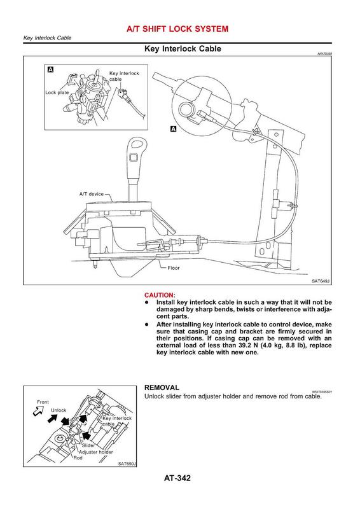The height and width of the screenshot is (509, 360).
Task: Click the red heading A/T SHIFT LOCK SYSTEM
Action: coord(177,29)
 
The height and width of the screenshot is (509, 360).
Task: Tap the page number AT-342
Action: coord(177,478)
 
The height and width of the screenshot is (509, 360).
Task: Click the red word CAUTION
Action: coord(159,295)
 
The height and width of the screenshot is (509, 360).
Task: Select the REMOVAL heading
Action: coord(162,387)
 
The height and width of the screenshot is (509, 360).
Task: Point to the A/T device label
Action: coord(92,194)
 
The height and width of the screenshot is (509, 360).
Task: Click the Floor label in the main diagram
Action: coord(174,268)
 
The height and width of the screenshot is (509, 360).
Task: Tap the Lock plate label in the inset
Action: coord(57,92)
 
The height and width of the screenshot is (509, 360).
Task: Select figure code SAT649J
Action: coord(321,281)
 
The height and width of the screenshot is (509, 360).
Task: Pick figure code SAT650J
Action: coord(127,464)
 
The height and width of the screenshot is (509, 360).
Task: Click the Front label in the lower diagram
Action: coord(43,402)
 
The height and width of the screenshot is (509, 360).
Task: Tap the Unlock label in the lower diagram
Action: coord(59,410)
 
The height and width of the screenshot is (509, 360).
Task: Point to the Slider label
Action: coord(88,445)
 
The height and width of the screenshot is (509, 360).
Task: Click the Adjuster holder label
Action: coord(96,452)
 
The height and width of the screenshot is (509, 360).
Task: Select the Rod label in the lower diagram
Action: coord(78,457)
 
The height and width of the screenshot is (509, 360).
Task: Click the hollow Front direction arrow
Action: coord(38,412)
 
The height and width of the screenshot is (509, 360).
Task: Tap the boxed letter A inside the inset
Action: coord(50,69)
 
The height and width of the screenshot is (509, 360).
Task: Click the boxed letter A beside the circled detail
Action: coord(174,129)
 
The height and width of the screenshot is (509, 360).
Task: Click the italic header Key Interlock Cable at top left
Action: coord(48,38)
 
